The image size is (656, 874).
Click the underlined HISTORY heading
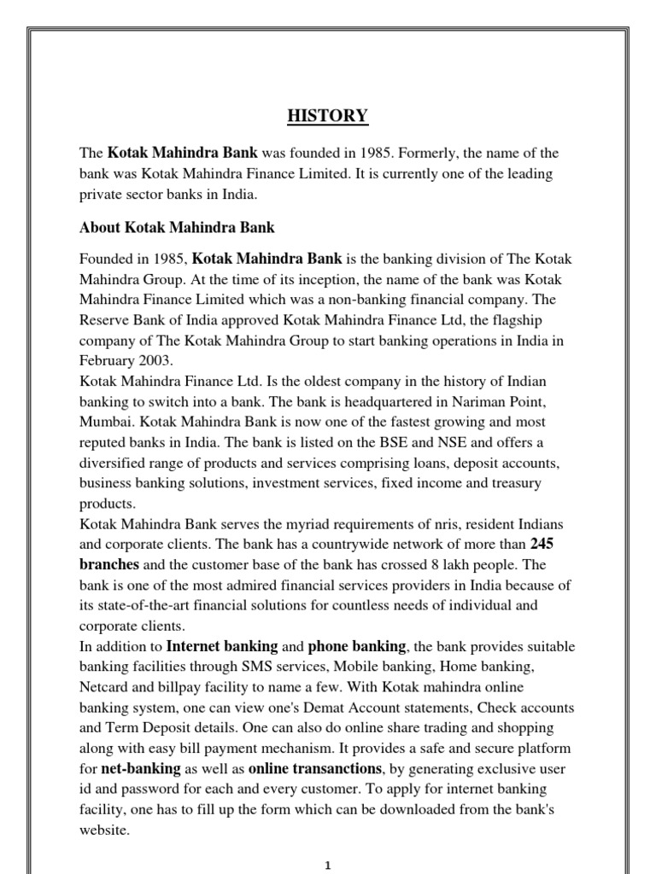tap(328, 116)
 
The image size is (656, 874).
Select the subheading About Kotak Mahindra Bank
tap(177, 228)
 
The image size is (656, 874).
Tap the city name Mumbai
tap(105, 422)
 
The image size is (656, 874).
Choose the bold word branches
tap(109, 564)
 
